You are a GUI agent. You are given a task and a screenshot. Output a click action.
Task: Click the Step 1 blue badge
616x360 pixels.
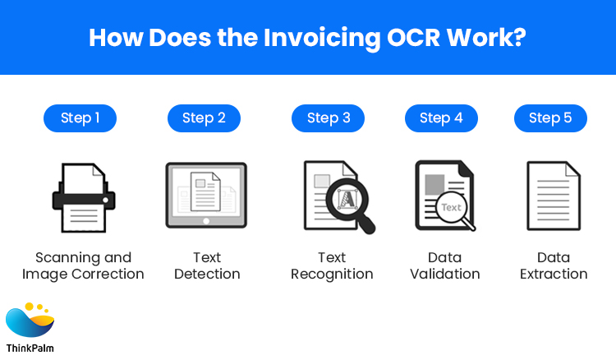coord(80,118)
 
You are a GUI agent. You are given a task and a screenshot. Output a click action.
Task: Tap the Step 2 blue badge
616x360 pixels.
coord(204,118)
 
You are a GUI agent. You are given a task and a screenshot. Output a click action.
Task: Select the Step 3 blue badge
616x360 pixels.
coord(329,118)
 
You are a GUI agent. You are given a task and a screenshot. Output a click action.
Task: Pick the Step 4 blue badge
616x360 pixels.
coord(441,118)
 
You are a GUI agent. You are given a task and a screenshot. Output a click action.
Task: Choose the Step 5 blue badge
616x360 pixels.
coord(550,118)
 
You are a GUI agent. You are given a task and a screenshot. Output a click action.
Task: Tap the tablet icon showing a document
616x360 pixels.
coord(205,194)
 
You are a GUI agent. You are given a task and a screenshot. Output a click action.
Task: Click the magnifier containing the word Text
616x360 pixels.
coord(452,210)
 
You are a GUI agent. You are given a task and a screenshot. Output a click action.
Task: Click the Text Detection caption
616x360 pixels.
coord(207,265)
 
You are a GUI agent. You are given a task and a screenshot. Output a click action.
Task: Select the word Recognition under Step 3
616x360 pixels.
coord(332,275)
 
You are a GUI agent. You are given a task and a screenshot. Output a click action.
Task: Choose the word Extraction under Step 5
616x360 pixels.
coord(554,275)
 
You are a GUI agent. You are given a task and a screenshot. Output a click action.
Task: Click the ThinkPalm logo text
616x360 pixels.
coord(30,348)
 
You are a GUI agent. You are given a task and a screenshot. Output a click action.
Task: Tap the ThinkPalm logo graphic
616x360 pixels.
coord(30,321)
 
